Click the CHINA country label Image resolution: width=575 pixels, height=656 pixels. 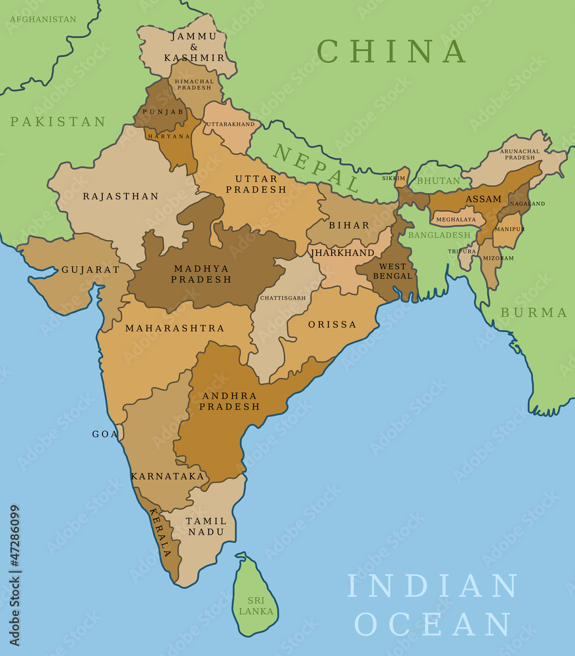point(391,51)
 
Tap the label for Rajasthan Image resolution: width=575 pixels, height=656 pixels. point(121,196)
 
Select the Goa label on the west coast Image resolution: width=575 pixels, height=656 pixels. point(104,434)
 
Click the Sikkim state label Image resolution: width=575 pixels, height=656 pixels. point(393,178)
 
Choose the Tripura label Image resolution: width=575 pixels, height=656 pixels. point(462,251)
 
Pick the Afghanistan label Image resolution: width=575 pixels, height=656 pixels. point(43,20)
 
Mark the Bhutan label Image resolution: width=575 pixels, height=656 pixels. point(439,180)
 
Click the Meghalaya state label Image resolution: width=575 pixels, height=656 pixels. point(456,219)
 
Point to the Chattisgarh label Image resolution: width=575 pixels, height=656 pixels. point(283,298)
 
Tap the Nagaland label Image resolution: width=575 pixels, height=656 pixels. point(527,203)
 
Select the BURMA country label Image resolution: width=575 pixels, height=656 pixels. point(534,313)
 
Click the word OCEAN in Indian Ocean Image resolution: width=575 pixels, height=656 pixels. point(433,624)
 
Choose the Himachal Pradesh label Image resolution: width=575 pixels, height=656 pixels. point(193,84)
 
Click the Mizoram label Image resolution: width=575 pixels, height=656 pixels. point(499,258)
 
